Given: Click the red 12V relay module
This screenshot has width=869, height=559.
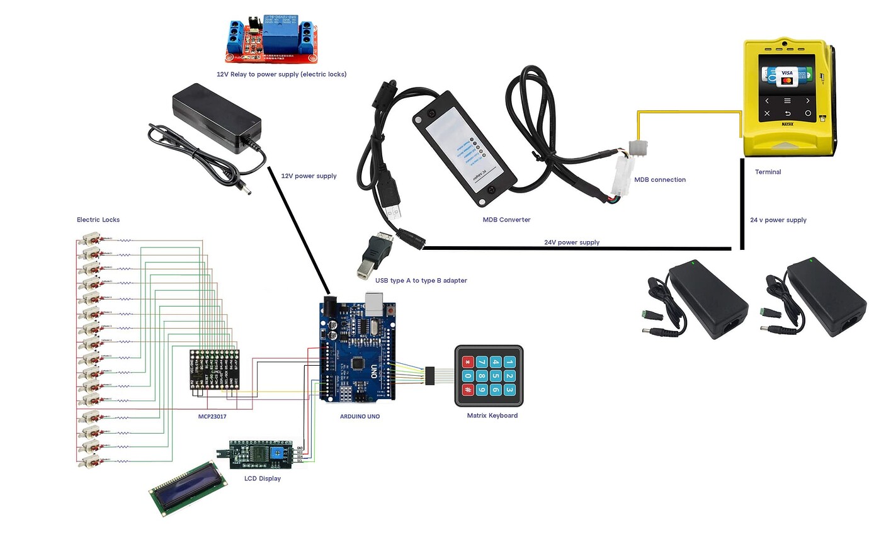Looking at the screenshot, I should [271, 40].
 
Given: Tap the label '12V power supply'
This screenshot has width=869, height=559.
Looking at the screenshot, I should [309, 176].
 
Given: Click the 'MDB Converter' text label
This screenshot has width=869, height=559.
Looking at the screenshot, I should [506, 220].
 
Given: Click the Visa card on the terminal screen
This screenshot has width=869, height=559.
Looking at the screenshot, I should [787, 75].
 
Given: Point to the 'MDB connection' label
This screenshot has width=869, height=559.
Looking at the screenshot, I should [659, 180].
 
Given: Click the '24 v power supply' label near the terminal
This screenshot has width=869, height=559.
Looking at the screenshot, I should [778, 220].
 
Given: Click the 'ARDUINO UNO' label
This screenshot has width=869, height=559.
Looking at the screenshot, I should [360, 417].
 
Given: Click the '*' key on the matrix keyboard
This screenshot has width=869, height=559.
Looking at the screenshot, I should [467, 362].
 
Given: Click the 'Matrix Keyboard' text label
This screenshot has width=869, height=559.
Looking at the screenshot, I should [492, 415].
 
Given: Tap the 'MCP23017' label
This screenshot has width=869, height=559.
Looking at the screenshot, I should [212, 417].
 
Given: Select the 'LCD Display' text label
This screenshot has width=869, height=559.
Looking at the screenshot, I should [262, 478].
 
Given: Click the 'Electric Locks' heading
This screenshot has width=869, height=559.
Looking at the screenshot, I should [98, 220].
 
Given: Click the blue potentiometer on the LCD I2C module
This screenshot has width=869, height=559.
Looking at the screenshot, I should [278, 453].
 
